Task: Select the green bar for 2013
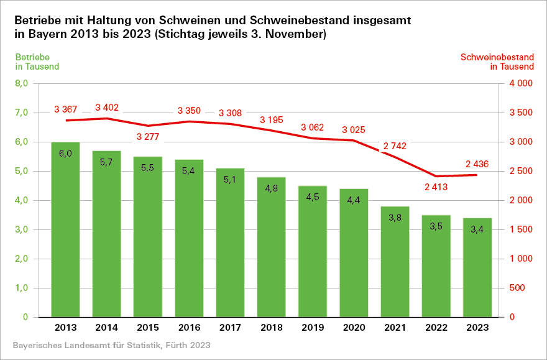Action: (x=65, y=230)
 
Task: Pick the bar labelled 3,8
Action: (x=395, y=262)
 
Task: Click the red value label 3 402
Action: (x=107, y=108)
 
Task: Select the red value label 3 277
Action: (x=148, y=137)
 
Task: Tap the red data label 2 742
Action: (x=395, y=146)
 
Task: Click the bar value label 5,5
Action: (x=148, y=168)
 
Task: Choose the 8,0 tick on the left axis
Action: (x=22, y=83)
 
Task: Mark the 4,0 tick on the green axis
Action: (x=22, y=200)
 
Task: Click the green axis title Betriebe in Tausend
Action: (x=37, y=62)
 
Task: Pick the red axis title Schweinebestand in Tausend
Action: (x=497, y=62)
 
